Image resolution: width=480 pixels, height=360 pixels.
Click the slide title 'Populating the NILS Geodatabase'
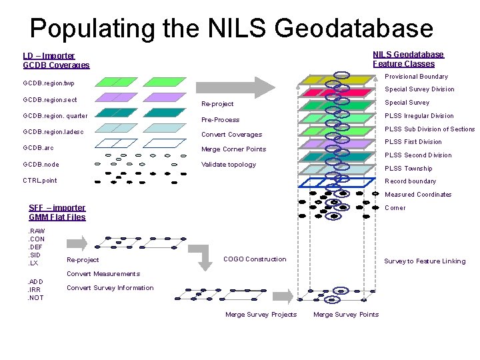[231, 28]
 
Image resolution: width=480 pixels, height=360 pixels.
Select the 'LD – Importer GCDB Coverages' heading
[56, 60]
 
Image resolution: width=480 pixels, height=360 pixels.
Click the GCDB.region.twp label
[49, 84]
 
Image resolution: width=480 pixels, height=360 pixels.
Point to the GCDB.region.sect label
[50, 100]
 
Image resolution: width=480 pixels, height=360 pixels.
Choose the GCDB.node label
[41, 164]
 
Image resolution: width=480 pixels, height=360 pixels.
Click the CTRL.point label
[40, 180]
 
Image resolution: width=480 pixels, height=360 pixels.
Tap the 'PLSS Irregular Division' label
[419, 116]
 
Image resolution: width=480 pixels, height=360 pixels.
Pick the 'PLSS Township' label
[408, 169]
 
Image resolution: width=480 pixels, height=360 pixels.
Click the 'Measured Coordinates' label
[418, 195]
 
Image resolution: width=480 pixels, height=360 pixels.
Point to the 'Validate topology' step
[228, 165]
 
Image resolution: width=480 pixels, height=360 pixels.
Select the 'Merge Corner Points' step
[233, 149]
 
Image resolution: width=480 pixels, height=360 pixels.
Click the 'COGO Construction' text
[255, 259]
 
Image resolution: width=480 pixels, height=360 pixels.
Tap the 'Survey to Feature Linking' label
[425, 261]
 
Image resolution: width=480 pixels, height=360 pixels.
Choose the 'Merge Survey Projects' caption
[261, 315]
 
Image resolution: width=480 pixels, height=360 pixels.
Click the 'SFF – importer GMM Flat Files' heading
[57, 212]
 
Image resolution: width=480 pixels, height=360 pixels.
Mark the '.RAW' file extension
[37, 231]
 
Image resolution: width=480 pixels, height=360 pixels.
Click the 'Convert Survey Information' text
[110, 288]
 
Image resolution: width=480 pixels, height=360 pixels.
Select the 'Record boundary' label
[410, 181]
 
